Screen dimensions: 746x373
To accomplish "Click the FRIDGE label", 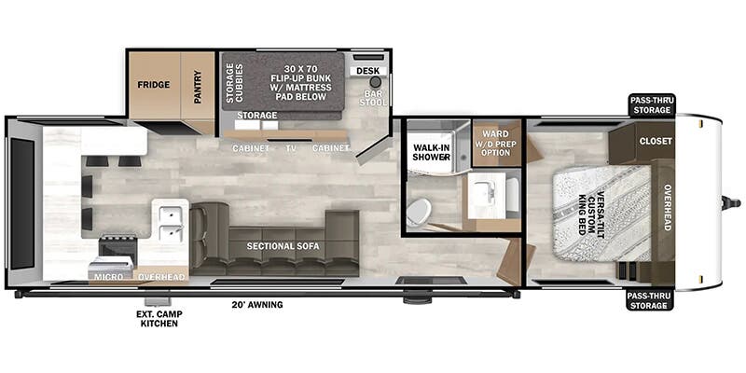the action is point(154,85).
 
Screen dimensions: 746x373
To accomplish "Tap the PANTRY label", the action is point(198,87).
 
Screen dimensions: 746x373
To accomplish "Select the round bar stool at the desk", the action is point(376,82).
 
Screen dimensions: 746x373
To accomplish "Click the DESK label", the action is point(367,71).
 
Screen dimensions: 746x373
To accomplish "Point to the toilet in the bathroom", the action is point(419,212).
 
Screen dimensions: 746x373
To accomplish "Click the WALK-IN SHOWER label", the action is point(431,152).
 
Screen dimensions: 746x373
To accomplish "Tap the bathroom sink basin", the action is point(486,196).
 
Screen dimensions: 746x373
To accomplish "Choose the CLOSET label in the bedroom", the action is point(656,142).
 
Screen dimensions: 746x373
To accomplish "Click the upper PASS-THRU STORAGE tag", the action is point(650,105).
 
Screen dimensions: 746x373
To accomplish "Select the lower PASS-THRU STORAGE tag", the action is point(650,300).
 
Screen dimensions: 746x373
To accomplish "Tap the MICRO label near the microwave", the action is point(108,277).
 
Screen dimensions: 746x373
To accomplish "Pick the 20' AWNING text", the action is point(255,305).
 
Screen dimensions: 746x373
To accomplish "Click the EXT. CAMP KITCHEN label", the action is point(159,319).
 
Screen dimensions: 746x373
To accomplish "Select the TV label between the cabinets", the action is point(291,148).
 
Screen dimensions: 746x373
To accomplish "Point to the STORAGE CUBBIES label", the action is point(235,83).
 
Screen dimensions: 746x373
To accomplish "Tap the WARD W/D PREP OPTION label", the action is point(496,144).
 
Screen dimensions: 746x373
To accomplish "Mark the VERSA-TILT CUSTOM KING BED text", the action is point(590,213).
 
